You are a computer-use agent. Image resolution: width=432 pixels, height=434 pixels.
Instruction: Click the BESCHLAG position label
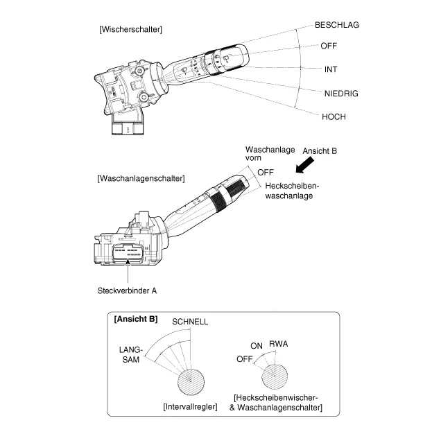pos(337,25)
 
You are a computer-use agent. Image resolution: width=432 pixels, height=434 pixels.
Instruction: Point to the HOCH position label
pos(334,116)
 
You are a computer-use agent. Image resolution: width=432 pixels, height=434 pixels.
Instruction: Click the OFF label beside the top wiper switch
pos(329,46)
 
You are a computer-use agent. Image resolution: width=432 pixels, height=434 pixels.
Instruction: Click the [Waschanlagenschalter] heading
pos(141,178)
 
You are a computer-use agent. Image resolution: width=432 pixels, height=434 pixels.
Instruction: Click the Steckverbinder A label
pos(126,290)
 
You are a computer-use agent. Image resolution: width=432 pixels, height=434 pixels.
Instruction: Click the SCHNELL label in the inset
pos(190,322)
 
